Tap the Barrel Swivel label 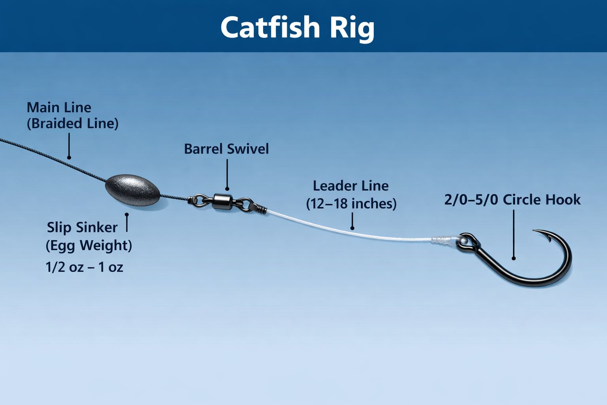click(226, 149)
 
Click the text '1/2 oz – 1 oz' click(84, 267)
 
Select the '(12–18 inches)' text click(351, 204)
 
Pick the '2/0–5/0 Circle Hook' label click(513, 200)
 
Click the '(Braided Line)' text click(73, 123)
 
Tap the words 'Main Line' click(59, 108)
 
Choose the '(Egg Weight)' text click(89, 246)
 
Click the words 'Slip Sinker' click(82, 227)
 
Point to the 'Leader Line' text click(351, 186)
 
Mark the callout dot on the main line click(69, 157)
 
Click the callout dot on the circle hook click(513, 259)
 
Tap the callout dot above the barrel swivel click(227, 189)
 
